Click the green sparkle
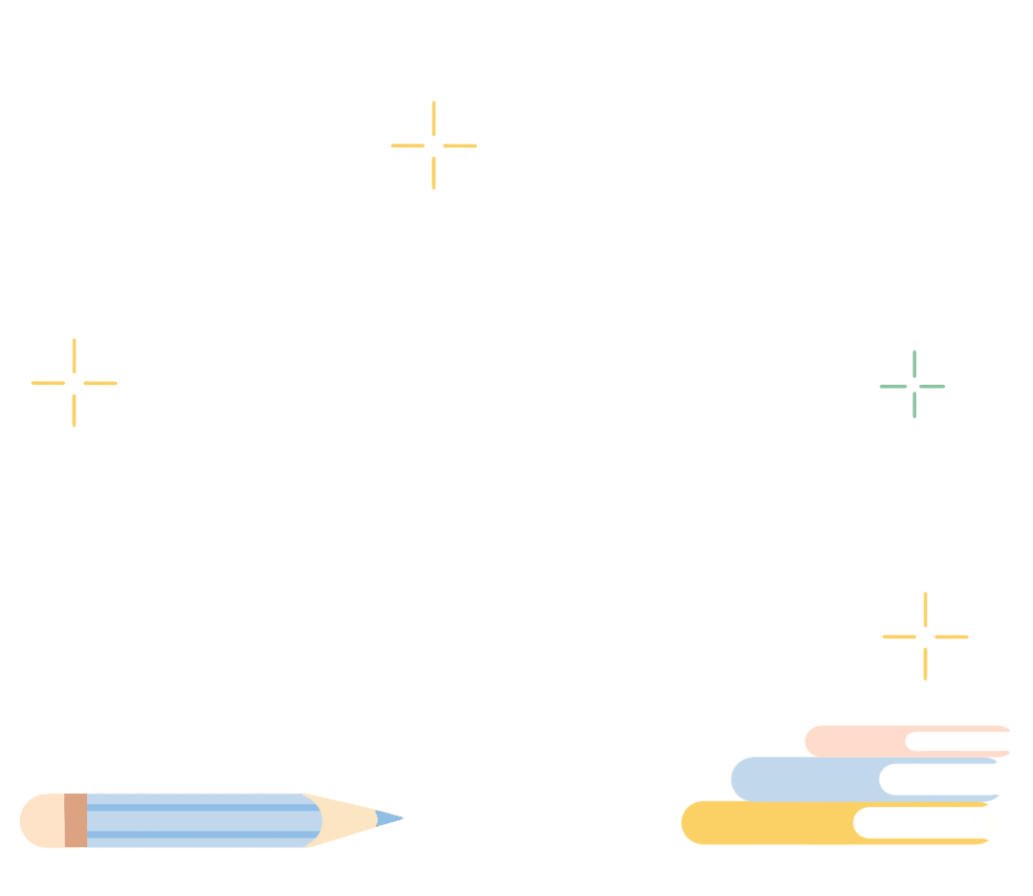pos(913,385)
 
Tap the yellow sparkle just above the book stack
pos(925,636)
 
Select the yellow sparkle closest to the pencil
pos(74,383)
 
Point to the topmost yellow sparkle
pos(433,146)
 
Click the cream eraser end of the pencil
pos(40,820)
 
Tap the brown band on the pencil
pos(76,820)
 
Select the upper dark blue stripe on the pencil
pos(201,807)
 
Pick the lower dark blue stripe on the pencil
pos(201,835)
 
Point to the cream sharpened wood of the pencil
pos(344,818)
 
